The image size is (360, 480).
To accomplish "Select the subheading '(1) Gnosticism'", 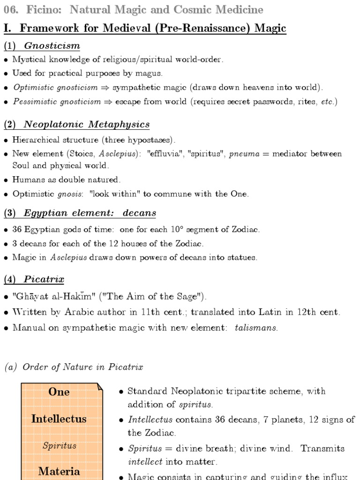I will (x=42, y=46).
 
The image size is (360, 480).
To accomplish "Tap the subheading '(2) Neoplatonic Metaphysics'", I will (x=77, y=124).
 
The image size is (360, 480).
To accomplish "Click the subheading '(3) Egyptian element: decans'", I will (x=80, y=213).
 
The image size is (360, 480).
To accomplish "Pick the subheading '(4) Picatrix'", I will (x=34, y=279).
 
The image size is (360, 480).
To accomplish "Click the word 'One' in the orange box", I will (x=59, y=392).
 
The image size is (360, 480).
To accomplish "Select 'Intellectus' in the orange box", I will (x=59, y=419).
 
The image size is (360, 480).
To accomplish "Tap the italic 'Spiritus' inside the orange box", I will (x=59, y=445).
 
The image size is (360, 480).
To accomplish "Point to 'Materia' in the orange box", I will (x=59, y=471).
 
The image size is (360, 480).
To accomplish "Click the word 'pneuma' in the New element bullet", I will (x=244, y=154).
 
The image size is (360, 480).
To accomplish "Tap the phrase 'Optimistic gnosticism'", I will (x=55, y=87).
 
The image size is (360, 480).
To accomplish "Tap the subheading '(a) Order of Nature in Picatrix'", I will (x=74, y=367).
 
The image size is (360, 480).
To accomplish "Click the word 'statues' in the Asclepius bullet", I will (x=243, y=258).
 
